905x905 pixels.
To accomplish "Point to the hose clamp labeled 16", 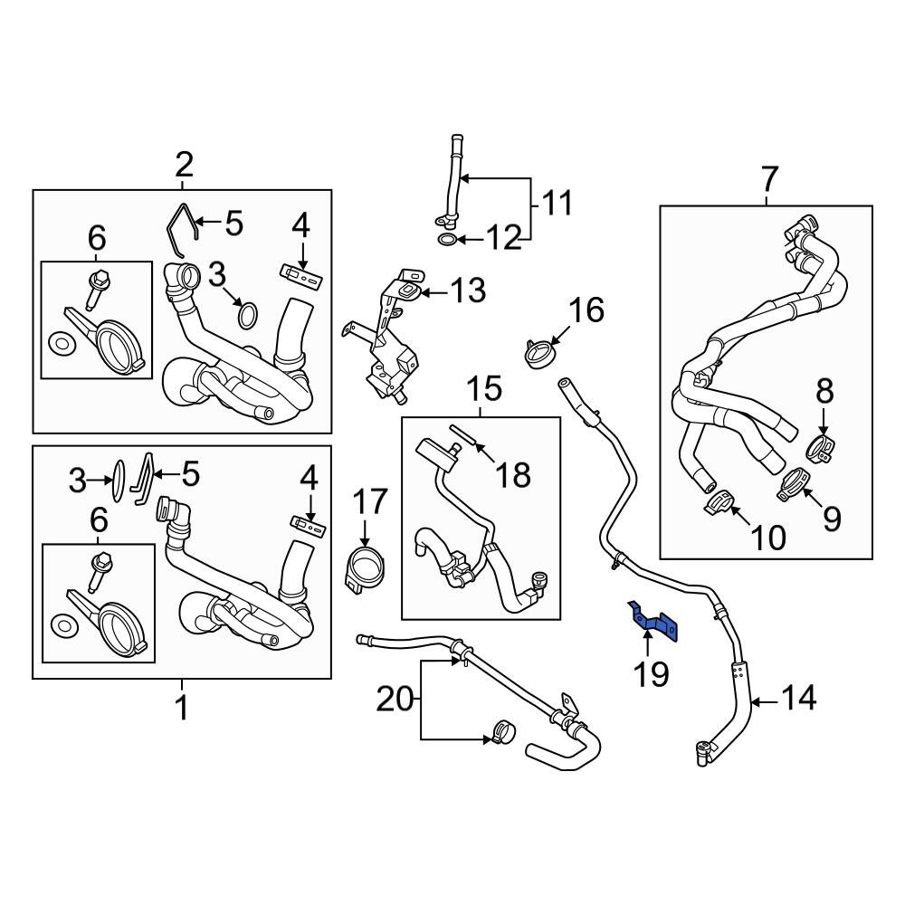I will click(538, 351).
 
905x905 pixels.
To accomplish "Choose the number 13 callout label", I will click(467, 291).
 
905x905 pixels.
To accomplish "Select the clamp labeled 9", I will click(794, 481).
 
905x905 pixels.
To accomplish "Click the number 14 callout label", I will click(798, 698).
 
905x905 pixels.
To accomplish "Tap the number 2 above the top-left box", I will click(184, 166).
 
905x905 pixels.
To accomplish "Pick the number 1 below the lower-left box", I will click(182, 707).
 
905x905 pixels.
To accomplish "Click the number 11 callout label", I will click(557, 204).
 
